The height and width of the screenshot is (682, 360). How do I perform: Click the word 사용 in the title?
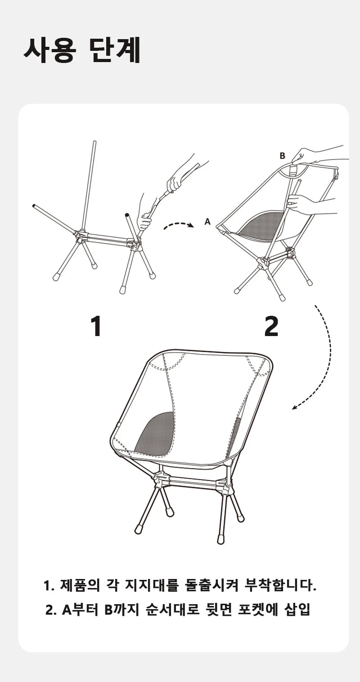click(x=49, y=50)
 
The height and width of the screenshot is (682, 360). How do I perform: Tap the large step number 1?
click(x=96, y=326)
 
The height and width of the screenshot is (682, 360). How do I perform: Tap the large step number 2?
click(x=271, y=326)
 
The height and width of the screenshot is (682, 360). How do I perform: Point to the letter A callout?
click(x=207, y=222)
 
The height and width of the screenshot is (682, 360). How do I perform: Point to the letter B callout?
click(x=282, y=156)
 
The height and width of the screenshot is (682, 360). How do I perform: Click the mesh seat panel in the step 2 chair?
click(x=259, y=224)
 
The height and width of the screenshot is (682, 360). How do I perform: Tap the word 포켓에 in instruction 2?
click(x=258, y=610)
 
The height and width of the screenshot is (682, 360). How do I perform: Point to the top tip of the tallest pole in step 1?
click(x=94, y=142)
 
